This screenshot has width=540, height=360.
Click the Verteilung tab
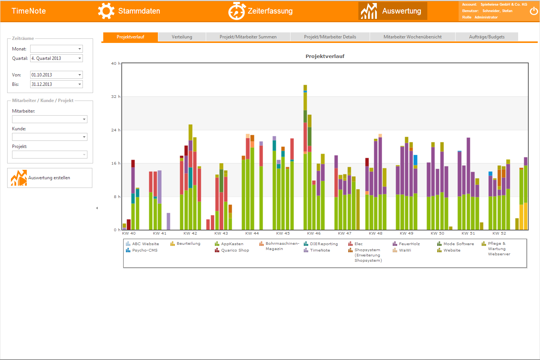click(x=182, y=37)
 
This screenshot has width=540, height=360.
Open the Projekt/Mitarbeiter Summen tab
click(x=248, y=37)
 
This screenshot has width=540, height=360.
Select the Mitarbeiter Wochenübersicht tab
click(x=412, y=37)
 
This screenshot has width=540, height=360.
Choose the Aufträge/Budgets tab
click(x=486, y=37)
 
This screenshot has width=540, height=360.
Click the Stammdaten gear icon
click(x=106, y=11)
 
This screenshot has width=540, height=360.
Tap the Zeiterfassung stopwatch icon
click(x=237, y=11)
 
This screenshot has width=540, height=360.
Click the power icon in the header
click(x=534, y=11)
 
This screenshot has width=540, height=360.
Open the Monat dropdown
click(x=57, y=49)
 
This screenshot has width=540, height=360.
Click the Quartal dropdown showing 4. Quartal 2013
click(x=57, y=58)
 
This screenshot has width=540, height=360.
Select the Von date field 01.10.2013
click(x=57, y=75)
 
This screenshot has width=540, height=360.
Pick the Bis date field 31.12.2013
click(x=57, y=84)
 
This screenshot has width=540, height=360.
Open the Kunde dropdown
click(x=50, y=137)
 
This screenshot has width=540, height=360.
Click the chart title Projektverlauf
click(x=325, y=56)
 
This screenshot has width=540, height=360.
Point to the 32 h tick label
click(x=116, y=97)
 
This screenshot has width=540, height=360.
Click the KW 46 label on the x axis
click(x=314, y=233)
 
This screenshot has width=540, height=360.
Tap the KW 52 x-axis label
click(x=499, y=233)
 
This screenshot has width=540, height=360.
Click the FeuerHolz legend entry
click(x=409, y=244)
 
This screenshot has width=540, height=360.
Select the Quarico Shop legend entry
click(x=235, y=250)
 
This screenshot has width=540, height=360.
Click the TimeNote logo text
click(x=29, y=11)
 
